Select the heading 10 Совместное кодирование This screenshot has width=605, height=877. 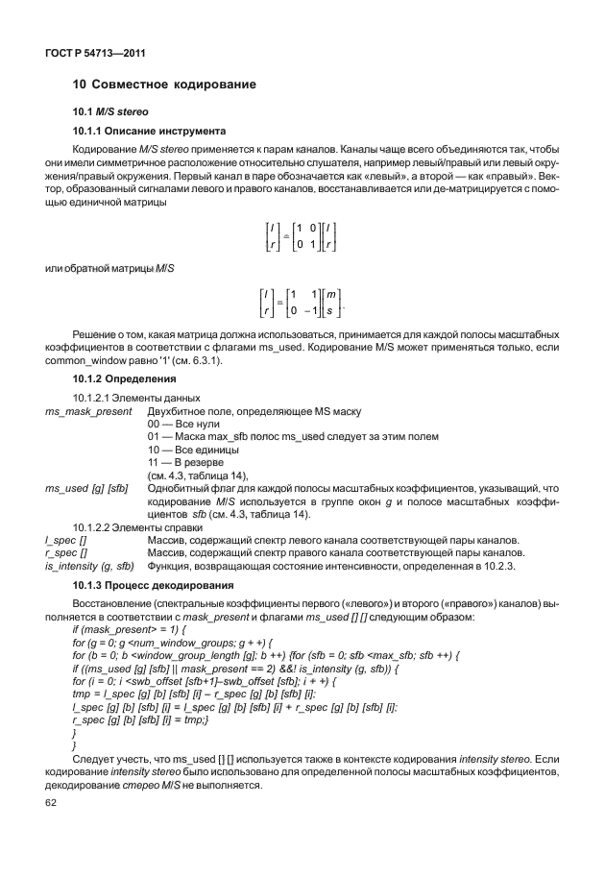(165, 85)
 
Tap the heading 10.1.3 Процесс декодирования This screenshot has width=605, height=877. (154, 585)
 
